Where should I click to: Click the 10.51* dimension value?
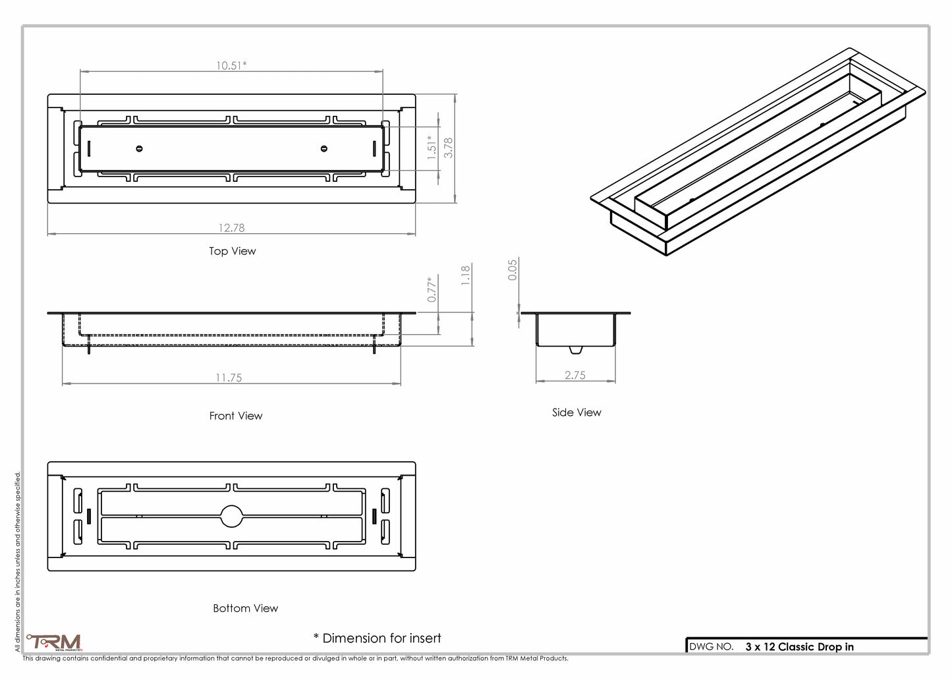(x=231, y=65)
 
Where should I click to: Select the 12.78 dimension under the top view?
(x=231, y=228)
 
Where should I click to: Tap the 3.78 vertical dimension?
(x=449, y=147)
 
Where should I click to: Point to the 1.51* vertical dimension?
(x=432, y=148)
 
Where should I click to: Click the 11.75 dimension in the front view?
(x=229, y=378)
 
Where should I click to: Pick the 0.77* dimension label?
(x=432, y=289)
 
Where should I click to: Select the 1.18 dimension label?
(x=466, y=275)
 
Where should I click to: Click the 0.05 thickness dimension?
(x=513, y=269)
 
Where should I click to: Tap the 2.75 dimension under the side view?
(x=574, y=376)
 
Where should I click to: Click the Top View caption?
(x=232, y=251)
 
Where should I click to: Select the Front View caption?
(x=235, y=416)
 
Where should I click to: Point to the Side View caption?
(x=576, y=412)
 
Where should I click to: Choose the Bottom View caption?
(x=245, y=608)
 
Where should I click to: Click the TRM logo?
(x=55, y=642)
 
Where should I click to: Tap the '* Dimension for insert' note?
(x=377, y=638)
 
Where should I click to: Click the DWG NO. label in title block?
(x=711, y=647)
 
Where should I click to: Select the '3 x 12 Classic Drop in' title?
(x=799, y=647)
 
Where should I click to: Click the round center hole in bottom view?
(x=231, y=516)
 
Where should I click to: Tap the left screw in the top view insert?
(x=139, y=148)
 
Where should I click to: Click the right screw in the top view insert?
(x=323, y=148)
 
